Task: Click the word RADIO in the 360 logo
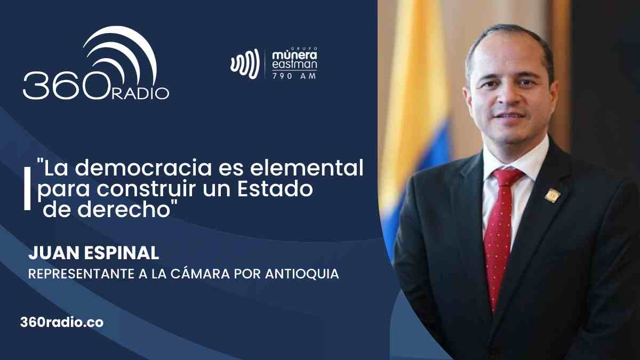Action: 140,93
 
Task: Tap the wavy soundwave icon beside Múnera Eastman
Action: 245,63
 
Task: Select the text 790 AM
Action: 294,76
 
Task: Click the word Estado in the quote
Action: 275,189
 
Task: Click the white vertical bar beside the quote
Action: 27,189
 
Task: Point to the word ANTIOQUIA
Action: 302,274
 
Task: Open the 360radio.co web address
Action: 62,323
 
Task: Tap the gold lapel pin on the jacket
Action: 553,195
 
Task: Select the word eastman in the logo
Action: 294,65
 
